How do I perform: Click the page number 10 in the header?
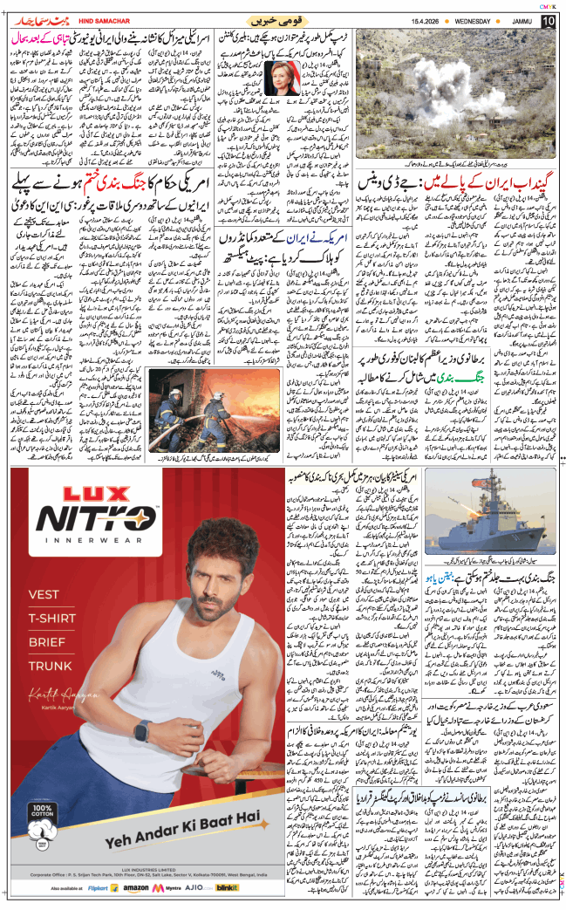click(x=547, y=20)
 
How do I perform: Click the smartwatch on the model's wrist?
click(x=140, y=730)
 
